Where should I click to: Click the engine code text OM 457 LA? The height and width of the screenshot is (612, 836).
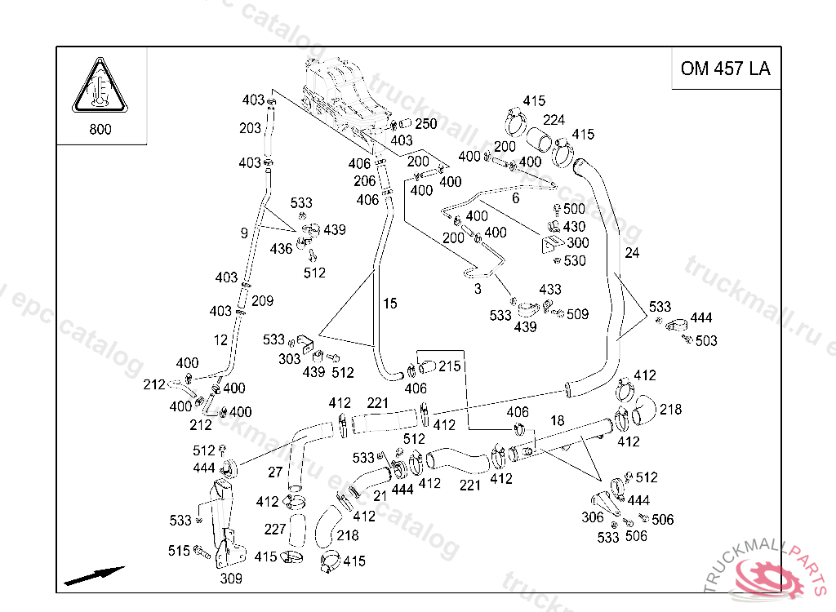[x=725, y=69]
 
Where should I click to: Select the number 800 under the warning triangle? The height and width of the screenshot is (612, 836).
[x=100, y=129]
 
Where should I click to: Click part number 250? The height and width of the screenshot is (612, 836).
[x=425, y=124]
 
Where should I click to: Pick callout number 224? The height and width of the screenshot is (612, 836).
[x=554, y=120]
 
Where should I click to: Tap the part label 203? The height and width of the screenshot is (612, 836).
[x=250, y=128]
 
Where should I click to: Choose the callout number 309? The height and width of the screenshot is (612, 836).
[x=231, y=579]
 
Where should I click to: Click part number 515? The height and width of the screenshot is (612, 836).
[x=179, y=551]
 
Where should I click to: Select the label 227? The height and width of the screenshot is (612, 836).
[x=274, y=529]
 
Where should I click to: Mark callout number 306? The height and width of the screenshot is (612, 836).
[x=592, y=517]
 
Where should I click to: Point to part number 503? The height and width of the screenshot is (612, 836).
[x=705, y=340]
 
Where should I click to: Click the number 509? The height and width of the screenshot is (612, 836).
[x=577, y=313]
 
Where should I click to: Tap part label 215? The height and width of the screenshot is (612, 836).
[x=449, y=366]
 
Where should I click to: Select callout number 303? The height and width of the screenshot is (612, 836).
[x=290, y=359]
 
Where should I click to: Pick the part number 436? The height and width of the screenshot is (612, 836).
[x=281, y=249]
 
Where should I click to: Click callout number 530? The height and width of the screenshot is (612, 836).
[x=575, y=261]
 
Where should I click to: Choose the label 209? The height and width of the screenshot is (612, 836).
[x=262, y=301]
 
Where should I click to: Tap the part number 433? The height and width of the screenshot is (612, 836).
[x=550, y=290]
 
